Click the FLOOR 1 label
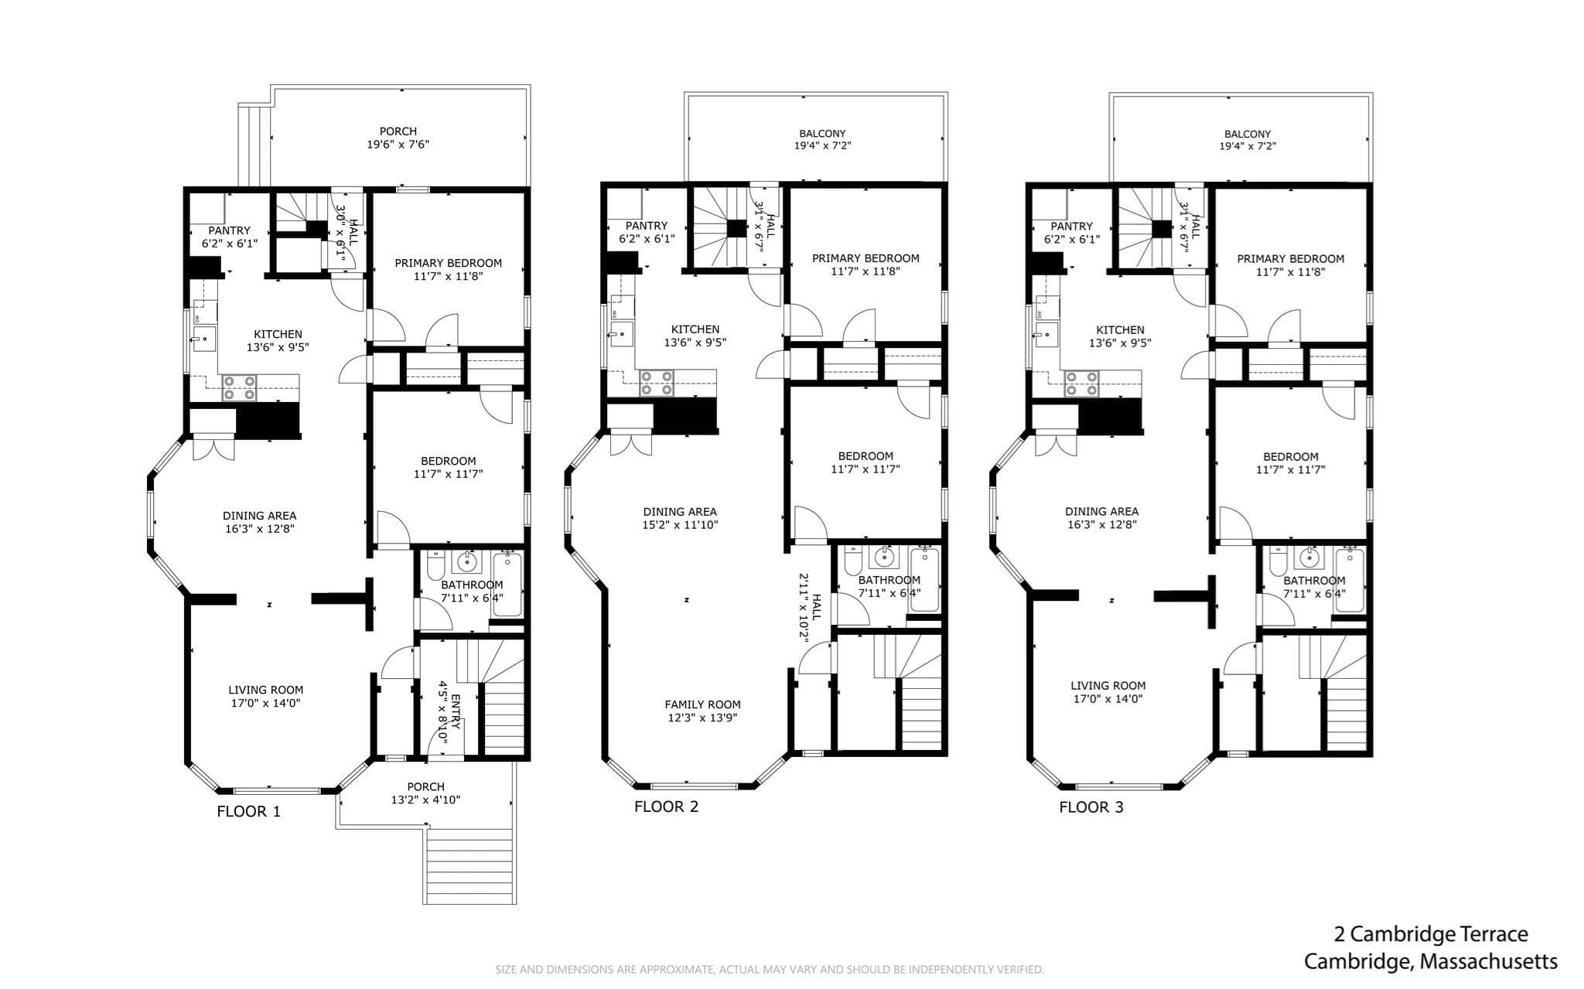point(248,812)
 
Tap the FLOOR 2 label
point(666,807)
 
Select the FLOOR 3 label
point(1091,808)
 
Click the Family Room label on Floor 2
point(702,704)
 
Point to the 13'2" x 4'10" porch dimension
point(425,800)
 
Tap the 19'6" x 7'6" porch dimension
point(398,144)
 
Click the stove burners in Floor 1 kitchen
point(240,387)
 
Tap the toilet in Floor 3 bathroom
point(1277,561)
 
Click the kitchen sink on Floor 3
point(1046,334)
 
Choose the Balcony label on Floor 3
point(1248,134)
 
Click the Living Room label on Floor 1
point(265,690)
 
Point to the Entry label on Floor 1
point(456,711)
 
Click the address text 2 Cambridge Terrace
point(1431,934)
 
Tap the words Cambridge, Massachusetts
point(1431,961)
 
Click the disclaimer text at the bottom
point(769,970)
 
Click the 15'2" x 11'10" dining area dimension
point(680,525)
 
